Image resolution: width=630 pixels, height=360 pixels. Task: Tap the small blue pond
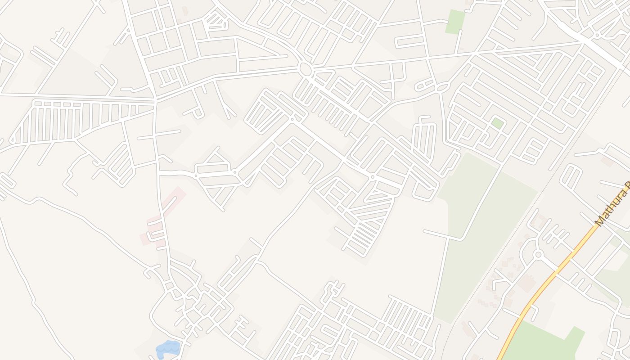pos(168,349)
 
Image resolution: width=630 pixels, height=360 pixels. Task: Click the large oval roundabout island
pos(305,69)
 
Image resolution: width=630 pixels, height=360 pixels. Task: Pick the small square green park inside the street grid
pos(497,123)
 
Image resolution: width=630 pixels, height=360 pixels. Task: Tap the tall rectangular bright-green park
pos(455,21)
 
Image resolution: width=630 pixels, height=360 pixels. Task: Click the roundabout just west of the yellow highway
pos(538,255)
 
